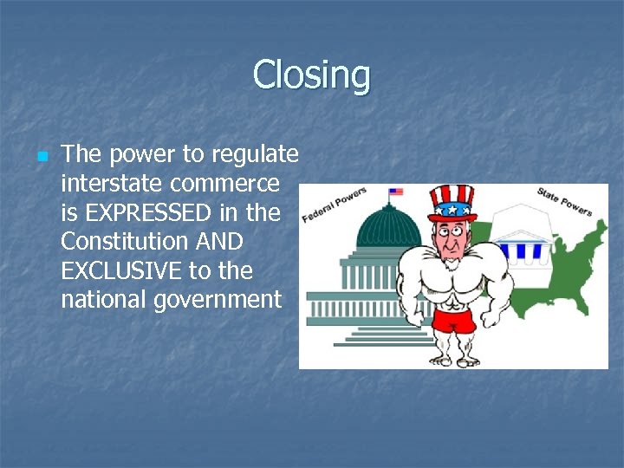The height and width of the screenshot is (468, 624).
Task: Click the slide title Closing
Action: coord(311,75)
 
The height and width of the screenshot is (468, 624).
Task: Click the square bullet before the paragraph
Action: coord(40,157)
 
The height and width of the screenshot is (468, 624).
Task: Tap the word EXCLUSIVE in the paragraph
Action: coord(127,270)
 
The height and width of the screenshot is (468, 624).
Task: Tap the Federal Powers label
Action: coord(335,204)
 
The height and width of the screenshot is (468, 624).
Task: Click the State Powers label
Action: coord(563,201)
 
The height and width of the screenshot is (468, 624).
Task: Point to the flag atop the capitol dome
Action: coord(396,192)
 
